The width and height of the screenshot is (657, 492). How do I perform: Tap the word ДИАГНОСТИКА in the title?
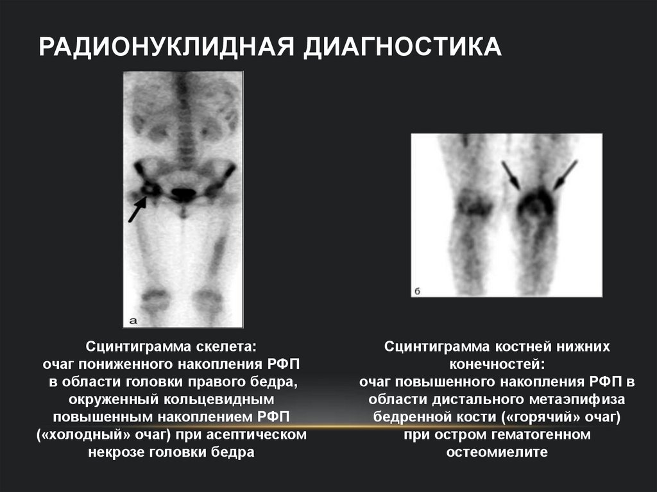[403, 47]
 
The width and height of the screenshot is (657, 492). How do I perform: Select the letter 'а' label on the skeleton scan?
[133, 319]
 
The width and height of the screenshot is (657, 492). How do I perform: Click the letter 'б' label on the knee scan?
[417, 291]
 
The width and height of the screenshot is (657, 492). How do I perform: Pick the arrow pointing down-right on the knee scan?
[511, 175]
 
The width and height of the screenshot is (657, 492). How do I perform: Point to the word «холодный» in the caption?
[76, 435]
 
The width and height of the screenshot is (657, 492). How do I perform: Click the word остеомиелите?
[497, 452]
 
